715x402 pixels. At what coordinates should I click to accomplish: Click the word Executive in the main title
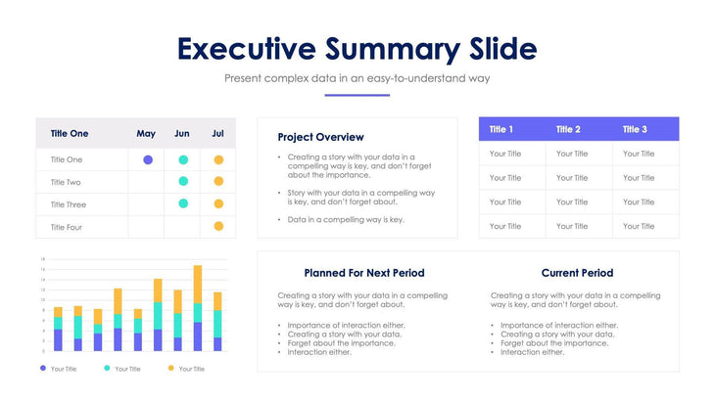(246, 49)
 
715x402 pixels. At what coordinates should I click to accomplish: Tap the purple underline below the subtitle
(357, 95)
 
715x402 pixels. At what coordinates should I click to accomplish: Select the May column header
(146, 134)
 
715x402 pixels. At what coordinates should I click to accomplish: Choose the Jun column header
(182, 134)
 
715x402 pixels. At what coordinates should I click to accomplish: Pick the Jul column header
(217, 134)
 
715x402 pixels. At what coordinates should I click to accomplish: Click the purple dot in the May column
(148, 159)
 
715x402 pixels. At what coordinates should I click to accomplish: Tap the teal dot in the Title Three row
(183, 203)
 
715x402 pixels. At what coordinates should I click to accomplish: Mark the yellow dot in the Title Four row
(218, 226)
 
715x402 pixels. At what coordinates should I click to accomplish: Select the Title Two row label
(66, 182)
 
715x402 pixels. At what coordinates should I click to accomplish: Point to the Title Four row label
(66, 227)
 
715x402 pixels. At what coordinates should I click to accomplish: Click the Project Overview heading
(320, 138)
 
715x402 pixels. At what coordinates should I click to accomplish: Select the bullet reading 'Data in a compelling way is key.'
(346, 220)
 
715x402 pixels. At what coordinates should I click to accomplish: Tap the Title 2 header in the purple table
(568, 129)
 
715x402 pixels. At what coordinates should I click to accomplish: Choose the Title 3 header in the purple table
(635, 129)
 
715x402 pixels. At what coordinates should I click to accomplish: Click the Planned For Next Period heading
(364, 273)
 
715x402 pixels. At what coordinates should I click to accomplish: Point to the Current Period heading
(577, 273)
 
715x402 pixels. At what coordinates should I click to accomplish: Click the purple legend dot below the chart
(43, 368)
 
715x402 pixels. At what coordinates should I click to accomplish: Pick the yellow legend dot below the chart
(171, 368)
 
